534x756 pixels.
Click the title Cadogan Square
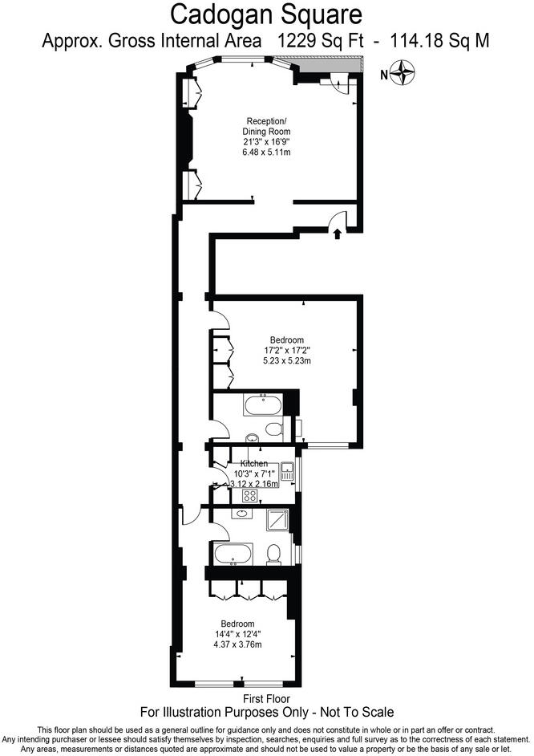click(266, 14)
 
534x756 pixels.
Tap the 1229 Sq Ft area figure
click(320, 40)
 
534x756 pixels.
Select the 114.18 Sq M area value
click(439, 40)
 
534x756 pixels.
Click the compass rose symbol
click(403, 73)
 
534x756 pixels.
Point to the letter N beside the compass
click(384, 75)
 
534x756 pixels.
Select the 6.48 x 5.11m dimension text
click(266, 152)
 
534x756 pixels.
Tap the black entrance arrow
click(338, 234)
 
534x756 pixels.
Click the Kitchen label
click(254, 463)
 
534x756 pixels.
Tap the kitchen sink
click(288, 471)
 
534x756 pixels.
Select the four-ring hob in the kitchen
click(249, 496)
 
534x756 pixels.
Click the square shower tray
click(278, 520)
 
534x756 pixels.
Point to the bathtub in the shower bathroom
click(233, 555)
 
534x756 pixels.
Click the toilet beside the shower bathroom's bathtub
click(273, 554)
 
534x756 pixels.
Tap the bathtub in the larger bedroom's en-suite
click(263, 404)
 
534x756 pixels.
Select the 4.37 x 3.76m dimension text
click(238, 644)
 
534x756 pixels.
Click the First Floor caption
click(266, 699)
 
